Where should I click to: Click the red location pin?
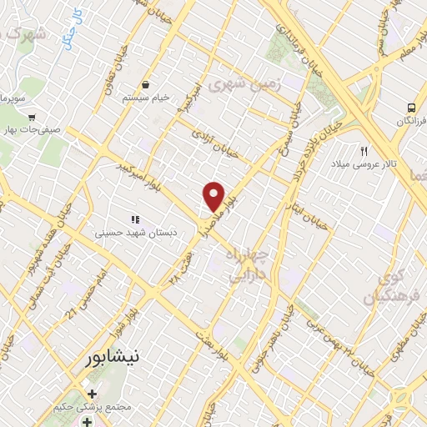pyautogui.click(x=214, y=195)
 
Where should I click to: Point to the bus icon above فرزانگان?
pyautogui.click(x=411, y=108)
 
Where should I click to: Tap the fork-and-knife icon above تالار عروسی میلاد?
pyautogui.click(x=364, y=151)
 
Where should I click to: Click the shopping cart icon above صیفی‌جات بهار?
pyautogui.click(x=32, y=118)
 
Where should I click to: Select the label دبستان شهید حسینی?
pyautogui.click(x=133, y=234)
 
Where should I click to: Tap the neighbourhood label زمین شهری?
pyautogui.click(x=250, y=85)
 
